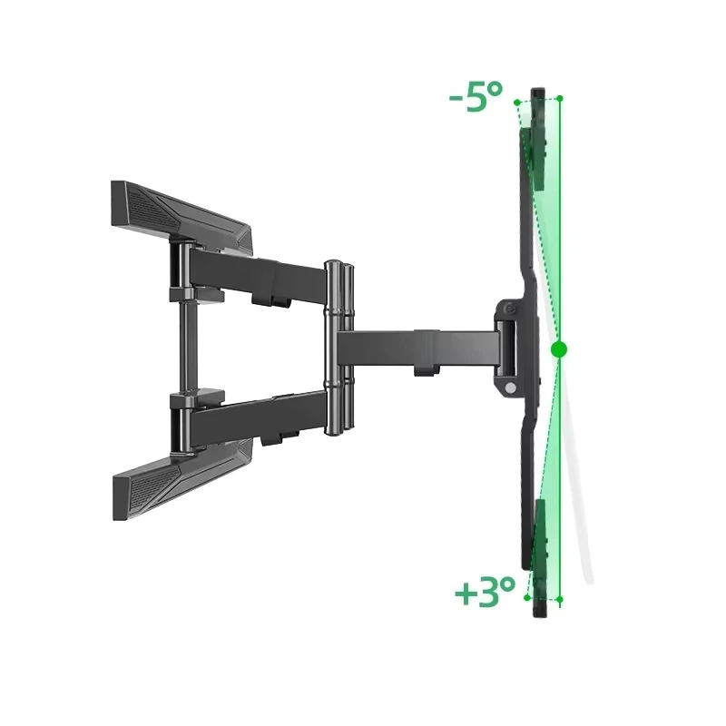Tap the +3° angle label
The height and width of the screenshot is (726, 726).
(x=485, y=592)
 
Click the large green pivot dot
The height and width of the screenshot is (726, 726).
(x=559, y=349)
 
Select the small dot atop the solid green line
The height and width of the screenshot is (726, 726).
(x=560, y=98)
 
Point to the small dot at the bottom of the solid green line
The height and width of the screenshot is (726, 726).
(x=560, y=600)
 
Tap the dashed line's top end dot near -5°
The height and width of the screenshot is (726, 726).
(x=516, y=102)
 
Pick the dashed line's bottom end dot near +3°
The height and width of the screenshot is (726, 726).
(x=527, y=597)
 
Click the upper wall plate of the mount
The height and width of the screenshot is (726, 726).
(x=181, y=217)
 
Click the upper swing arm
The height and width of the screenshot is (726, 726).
(x=257, y=277)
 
